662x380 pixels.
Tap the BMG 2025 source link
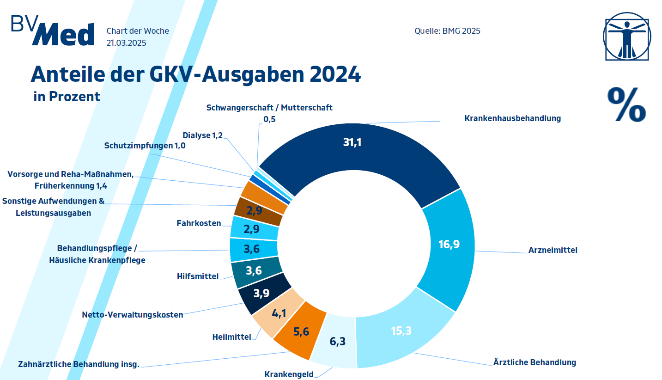point(461,31)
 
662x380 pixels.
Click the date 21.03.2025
point(127,43)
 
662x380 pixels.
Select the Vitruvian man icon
point(627,36)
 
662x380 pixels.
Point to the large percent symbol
point(626,104)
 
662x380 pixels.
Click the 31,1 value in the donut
point(352,142)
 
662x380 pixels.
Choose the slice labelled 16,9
point(449,244)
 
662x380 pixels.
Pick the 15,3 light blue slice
point(401,331)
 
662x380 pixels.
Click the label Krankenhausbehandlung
point(512,118)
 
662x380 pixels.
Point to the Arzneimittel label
point(553,251)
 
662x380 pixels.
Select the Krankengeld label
point(289,374)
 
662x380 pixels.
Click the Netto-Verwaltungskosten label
point(133,315)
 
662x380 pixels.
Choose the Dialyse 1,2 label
point(202,135)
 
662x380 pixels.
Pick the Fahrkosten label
point(199,224)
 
